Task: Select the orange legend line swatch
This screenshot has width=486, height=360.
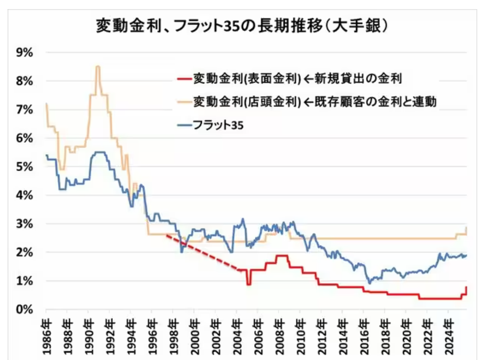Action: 183,102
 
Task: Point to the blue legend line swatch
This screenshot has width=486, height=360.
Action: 183,125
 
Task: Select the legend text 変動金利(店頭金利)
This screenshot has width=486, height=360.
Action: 247,102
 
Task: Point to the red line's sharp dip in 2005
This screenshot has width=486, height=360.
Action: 249,284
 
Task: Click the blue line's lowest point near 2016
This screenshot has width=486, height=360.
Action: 369,283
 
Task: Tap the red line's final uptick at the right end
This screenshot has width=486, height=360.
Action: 466,288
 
